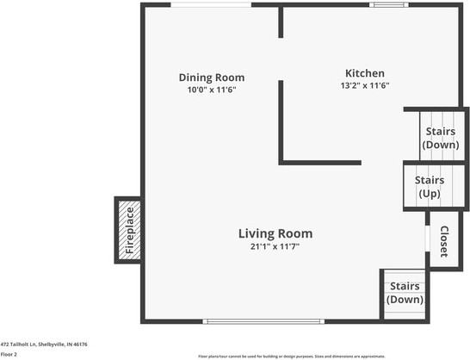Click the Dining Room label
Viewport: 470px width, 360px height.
(211, 77)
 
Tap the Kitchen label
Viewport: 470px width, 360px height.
(365, 73)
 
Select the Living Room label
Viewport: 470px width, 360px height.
(275, 233)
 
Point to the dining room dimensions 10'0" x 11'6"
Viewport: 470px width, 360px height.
(211, 90)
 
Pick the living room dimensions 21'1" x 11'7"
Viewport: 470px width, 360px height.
(275, 246)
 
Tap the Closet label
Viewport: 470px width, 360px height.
(444, 242)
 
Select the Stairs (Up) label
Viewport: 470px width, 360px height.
(429, 187)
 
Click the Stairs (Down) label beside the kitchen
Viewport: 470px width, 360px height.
(441, 138)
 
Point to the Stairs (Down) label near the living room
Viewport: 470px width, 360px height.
(405, 293)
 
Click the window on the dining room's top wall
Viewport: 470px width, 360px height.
(211, 5)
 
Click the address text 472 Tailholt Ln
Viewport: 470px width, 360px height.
(44, 344)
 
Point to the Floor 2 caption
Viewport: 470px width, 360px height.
(9, 354)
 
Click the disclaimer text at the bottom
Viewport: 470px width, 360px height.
(291, 356)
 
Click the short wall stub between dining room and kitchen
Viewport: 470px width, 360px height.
(281, 23)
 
